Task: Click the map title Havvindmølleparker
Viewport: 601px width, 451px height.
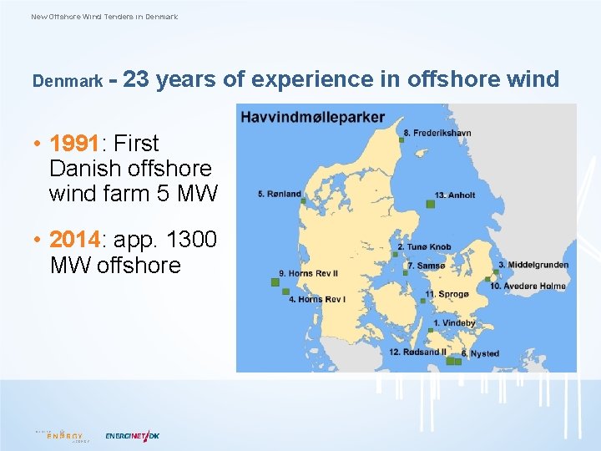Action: point(312,116)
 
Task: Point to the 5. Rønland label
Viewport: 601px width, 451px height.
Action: point(279,194)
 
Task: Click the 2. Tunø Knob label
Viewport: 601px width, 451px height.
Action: point(424,247)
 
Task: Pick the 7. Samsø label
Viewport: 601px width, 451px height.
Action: point(426,266)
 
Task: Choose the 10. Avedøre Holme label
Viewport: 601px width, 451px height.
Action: point(528,286)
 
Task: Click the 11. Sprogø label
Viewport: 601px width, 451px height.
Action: point(447,294)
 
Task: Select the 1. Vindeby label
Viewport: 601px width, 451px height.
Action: point(454,323)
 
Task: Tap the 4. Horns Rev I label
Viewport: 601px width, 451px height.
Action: point(317,299)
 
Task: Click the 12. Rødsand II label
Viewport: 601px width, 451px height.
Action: point(418,352)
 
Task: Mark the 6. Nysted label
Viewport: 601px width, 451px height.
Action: point(480,354)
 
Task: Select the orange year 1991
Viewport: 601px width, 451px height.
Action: point(74,144)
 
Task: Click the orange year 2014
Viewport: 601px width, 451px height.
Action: point(74,241)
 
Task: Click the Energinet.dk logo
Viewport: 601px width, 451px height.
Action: point(132,435)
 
